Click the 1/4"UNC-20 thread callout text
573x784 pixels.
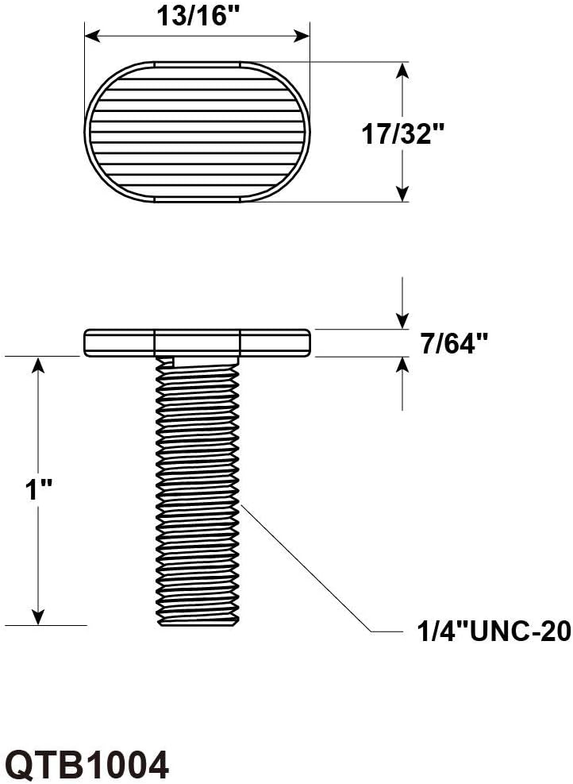494,631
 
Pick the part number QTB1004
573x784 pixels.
89,764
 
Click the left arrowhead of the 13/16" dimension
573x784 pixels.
93,36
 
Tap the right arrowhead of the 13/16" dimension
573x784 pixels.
302,36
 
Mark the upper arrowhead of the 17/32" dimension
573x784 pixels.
402,70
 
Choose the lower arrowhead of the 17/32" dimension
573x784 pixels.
402,194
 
